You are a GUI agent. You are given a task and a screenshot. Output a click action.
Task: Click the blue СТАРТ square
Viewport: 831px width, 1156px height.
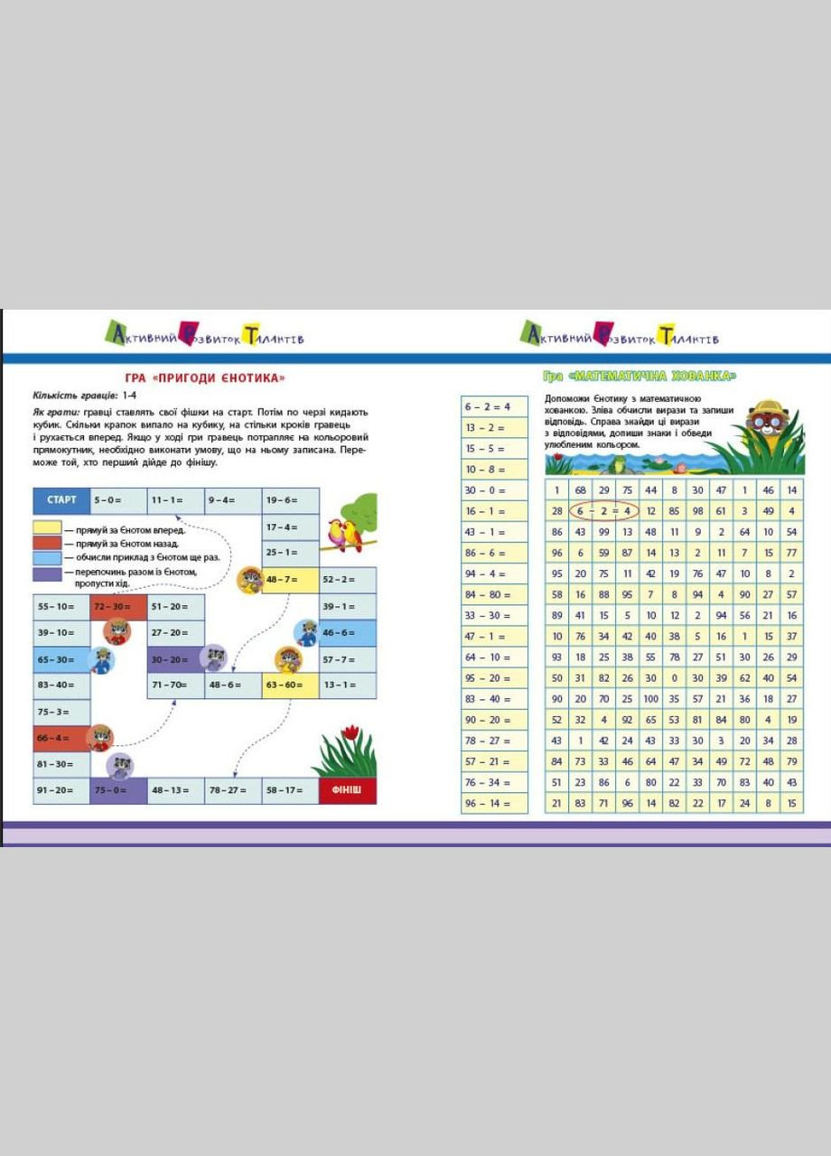(x=61, y=499)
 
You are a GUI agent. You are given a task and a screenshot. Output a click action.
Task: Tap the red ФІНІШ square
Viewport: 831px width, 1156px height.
(x=347, y=790)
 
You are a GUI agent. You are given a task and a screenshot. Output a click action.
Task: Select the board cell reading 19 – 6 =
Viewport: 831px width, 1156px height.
(x=291, y=500)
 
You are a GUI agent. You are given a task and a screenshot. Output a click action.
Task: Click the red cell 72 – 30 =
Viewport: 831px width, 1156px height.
(x=118, y=606)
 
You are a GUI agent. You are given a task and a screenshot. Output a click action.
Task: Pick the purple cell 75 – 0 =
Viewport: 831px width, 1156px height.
(x=118, y=790)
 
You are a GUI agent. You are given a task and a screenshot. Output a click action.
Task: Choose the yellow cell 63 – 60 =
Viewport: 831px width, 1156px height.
(x=290, y=685)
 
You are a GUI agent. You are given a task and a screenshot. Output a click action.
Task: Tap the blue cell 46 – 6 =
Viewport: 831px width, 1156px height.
(x=348, y=632)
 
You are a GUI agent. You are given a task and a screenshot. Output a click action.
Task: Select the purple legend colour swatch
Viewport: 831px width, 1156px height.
(x=47, y=573)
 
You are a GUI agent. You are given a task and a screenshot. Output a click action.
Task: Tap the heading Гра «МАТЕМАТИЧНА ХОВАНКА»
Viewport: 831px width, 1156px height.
(x=640, y=376)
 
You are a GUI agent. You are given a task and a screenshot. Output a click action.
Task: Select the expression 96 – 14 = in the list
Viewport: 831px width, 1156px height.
(x=494, y=804)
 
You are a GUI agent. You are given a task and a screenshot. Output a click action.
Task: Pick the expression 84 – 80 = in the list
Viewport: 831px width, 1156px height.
(x=494, y=594)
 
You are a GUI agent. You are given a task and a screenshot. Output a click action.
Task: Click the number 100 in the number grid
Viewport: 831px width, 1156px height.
(x=650, y=699)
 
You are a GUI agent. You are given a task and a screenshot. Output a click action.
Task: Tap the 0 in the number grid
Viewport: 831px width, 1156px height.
(x=674, y=678)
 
